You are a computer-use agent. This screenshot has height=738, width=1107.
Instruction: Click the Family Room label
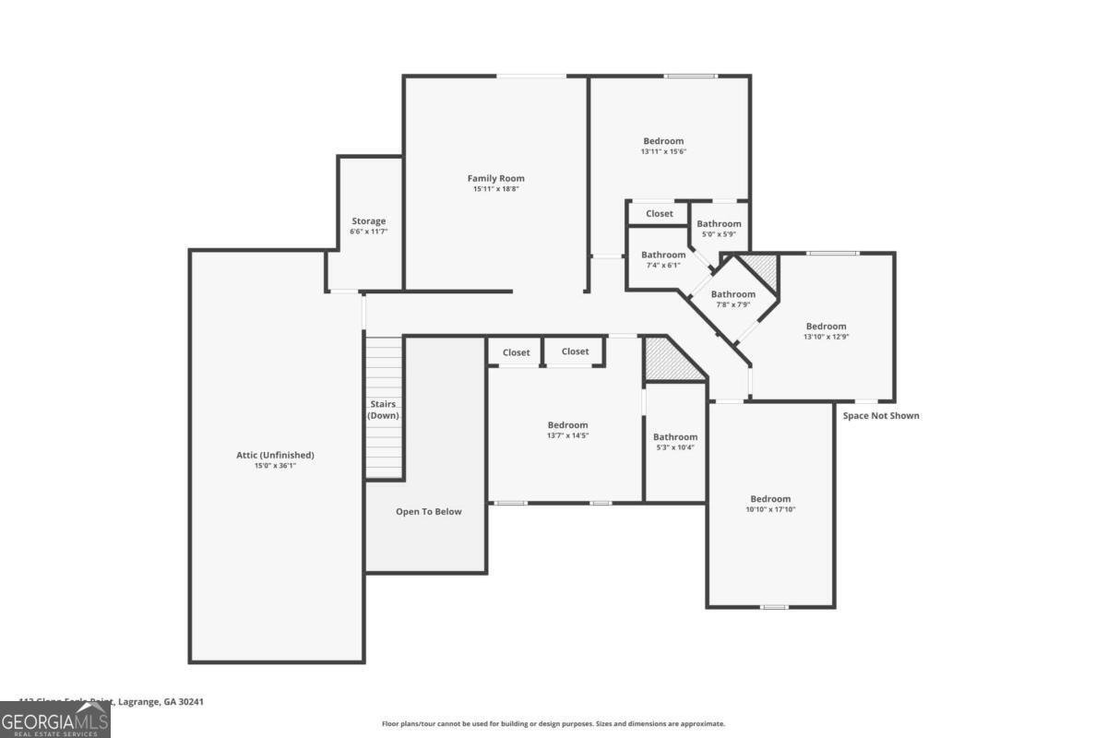tap(495, 178)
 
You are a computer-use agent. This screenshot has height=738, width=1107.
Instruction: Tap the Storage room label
tap(368, 221)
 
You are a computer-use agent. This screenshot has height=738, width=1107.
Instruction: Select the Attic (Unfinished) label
tap(275, 455)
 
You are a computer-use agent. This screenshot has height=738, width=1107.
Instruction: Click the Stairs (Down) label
tap(383, 411)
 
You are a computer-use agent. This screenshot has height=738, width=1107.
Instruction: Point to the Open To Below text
tap(428, 511)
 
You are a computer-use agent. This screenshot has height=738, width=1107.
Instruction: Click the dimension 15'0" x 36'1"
tap(275, 466)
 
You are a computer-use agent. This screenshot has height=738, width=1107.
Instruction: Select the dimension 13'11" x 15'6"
tap(663, 151)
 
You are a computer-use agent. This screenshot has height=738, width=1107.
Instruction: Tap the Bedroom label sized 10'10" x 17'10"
tap(769, 498)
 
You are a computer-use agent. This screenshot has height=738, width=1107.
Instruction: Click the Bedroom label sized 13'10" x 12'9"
tap(825, 326)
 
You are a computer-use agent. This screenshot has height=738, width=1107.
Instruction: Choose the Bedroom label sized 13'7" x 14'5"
tap(566, 425)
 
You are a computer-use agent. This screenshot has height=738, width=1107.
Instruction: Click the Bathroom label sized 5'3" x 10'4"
tap(675, 436)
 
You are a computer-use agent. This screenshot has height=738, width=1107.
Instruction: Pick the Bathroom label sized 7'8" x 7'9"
tap(732, 294)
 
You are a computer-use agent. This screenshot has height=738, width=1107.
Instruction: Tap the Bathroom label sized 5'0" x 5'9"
tap(719, 223)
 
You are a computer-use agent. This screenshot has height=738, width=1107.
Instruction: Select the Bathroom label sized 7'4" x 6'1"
tap(663, 255)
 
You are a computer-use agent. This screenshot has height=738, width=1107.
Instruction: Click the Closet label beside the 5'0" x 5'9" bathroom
tap(659, 213)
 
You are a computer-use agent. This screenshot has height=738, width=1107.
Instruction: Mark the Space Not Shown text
tap(880, 415)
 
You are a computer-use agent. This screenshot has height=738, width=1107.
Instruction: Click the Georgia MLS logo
tap(54, 720)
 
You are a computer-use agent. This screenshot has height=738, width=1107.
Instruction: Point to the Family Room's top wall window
tap(531, 76)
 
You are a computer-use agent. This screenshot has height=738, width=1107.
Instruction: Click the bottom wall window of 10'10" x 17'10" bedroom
tap(773, 607)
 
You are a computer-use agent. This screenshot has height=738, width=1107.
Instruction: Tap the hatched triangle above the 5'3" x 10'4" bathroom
tap(662, 360)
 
